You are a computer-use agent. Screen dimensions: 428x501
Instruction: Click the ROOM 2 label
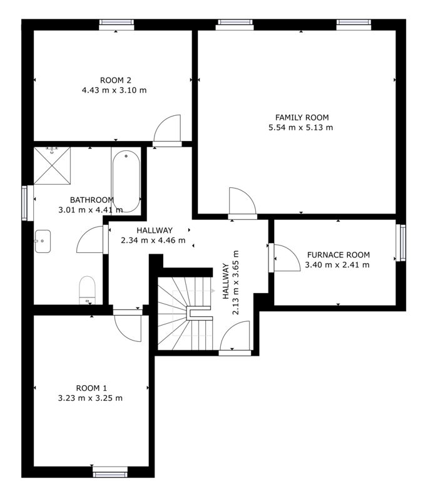pyautogui.click(x=116, y=80)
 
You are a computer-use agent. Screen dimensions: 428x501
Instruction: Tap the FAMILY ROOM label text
pyautogui.click(x=302, y=118)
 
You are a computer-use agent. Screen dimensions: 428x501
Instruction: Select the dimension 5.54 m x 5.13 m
pyautogui.click(x=300, y=128)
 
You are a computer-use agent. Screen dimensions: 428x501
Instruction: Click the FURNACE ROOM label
pyautogui.click(x=339, y=255)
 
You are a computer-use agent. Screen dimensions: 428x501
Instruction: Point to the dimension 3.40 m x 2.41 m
pyautogui.click(x=337, y=265)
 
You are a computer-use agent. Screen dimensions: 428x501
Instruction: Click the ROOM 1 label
pyautogui.click(x=91, y=388)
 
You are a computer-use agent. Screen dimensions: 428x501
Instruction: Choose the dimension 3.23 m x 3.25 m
pyautogui.click(x=90, y=398)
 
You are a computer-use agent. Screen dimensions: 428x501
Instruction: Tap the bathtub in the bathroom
pyautogui.click(x=126, y=181)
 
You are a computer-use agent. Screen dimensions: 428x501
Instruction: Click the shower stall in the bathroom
pyautogui.click(x=52, y=165)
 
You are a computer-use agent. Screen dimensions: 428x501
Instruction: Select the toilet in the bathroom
pyautogui.click(x=87, y=290)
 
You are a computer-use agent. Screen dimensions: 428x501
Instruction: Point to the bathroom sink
pyautogui.click(x=43, y=241)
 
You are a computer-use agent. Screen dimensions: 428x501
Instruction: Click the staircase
pyautogui.click(x=185, y=314)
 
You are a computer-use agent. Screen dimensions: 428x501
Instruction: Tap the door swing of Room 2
pyautogui.click(x=167, y=128)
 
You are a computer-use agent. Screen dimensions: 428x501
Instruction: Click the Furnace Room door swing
pyautogui.click(x=287, y=258)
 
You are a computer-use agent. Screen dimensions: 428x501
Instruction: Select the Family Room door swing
pyautogui.click(x=243, y=200)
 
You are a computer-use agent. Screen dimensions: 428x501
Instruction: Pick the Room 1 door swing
pyautogui.click(x=128, y=328)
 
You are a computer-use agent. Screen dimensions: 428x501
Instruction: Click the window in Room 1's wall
pyautogui.click(x=110, y=472)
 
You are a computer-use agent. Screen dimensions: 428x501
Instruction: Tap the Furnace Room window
pyautogui.click(x=401, y=243)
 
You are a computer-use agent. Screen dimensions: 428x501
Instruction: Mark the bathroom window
pyautogui.click(x=28, y=203)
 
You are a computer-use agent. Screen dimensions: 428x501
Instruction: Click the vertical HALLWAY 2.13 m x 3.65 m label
pyautogui.click(x=230, y=282)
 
